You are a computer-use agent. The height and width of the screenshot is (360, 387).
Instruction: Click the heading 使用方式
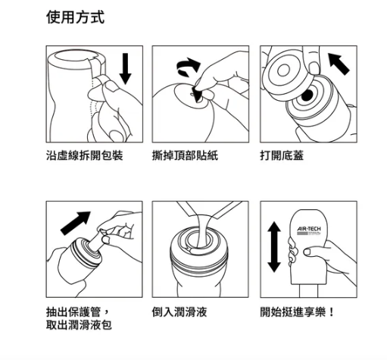tap(75, 17)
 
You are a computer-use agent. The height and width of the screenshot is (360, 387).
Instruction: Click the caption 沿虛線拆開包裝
tap(85, 155)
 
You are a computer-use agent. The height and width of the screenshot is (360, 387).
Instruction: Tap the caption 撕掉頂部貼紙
tap(185, 155)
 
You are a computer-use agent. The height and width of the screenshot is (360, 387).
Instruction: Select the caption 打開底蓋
tap(282, 155)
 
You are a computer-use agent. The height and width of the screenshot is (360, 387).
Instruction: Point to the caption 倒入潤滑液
tap(179, 311)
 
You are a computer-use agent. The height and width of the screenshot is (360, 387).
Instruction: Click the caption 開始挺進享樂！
tap(298, 311)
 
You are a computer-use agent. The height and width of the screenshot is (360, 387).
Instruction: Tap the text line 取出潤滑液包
tap(79, 324)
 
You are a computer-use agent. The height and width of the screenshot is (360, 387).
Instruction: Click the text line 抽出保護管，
tap(78, 311)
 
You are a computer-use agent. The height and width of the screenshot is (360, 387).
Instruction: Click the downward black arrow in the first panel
tap(125, 69)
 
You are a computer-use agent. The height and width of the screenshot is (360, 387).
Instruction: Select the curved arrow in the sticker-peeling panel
tap(188, 65)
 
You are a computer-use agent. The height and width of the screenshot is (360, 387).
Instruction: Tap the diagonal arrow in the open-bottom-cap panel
tap(339, 64)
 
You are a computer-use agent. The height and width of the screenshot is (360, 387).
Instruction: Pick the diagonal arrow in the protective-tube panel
tap(75, 223)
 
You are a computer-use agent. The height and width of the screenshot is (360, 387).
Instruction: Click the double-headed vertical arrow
tap(274, 247)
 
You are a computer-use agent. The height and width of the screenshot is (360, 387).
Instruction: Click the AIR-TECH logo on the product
tap(309, 229)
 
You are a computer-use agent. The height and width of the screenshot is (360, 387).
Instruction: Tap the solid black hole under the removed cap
tap(307, 95)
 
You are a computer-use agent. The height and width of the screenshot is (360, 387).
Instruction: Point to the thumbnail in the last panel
tap(307, 252)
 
